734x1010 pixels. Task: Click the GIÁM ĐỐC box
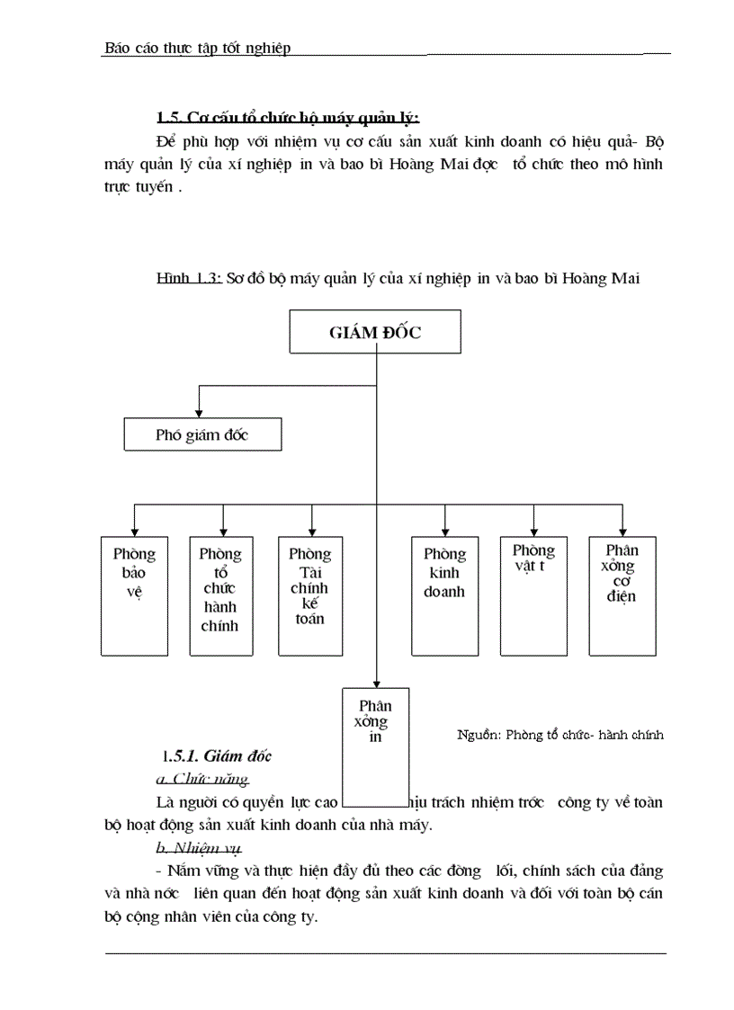tap(375, 332)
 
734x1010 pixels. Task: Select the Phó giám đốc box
tap(201, 435)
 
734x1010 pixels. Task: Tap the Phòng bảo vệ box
tap(134, 594)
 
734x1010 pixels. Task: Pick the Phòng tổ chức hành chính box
tap(220, 594)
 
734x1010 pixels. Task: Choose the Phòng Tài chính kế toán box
tap(309, 594)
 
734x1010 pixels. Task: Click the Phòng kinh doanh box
tap(444, 594)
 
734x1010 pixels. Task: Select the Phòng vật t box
tap(533, 594)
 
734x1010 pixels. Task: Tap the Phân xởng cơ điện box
tap(622, 594)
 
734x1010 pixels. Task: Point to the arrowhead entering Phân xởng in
tap(375, 682)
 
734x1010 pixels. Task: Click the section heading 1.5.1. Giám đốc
tap(217, 755)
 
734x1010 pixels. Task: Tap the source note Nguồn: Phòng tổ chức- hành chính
tap(559, 735)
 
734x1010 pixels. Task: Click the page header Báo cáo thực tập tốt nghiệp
tap(197, 48)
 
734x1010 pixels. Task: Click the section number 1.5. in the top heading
tap(170, 117)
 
